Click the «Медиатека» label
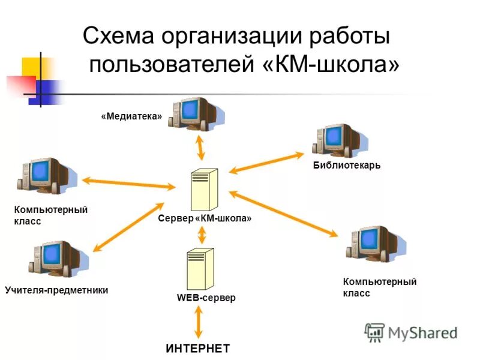click(x=131, y=116)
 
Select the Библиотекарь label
click(x=346, y=165)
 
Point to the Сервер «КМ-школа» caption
click(x=205, y=219)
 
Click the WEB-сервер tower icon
click(x=198, y=269)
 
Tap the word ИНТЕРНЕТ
click(x=198, y=349)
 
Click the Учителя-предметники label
click(x=56, y=290)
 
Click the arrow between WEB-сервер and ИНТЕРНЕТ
click(x=197, y=323)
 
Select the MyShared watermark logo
click(x=411, y=332)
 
